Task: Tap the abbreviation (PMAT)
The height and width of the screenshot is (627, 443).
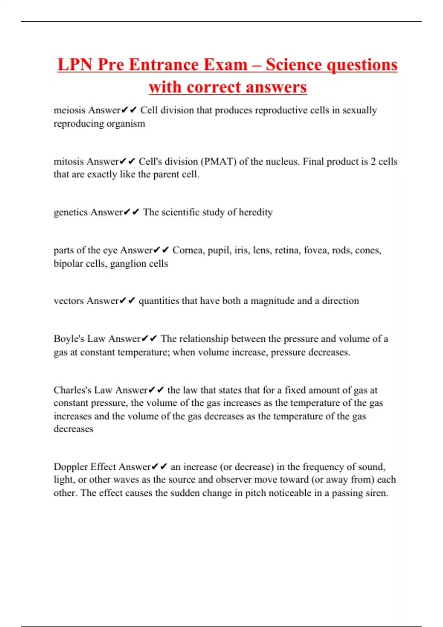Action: (218, 162)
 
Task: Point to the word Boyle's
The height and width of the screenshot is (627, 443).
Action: (69, 339)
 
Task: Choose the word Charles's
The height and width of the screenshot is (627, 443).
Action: (72, 390)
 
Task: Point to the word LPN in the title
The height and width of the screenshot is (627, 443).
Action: (75, 65)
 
